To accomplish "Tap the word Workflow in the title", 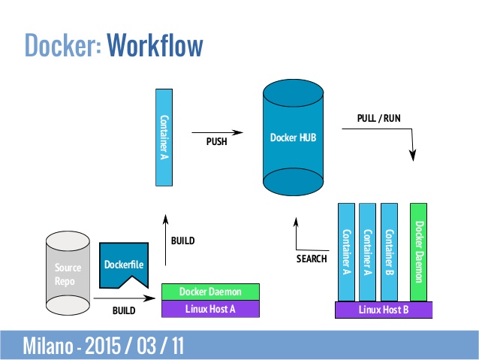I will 155,45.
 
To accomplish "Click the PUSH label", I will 216,140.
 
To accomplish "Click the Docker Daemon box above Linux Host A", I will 210,291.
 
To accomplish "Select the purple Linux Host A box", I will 210,308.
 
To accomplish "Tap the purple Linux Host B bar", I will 384,310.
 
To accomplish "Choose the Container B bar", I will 389,251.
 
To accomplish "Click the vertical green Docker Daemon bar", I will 419,251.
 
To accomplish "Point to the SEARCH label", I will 312,259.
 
